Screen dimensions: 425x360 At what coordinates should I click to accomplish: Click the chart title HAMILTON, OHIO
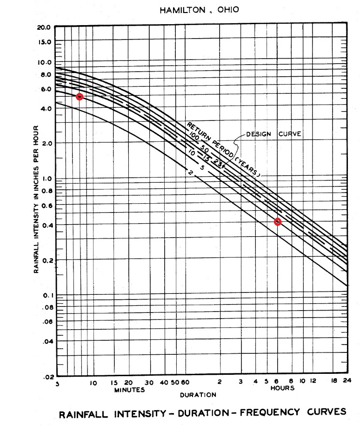200,10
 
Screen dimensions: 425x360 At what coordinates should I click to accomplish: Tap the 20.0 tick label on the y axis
44,27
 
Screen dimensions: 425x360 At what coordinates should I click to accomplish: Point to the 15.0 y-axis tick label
44,42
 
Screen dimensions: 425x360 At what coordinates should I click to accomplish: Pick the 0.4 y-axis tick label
47,226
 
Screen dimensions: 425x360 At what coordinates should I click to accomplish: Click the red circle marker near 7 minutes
80,97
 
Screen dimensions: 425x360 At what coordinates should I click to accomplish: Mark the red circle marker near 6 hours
278,222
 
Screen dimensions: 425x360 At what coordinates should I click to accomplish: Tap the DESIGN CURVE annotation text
273,134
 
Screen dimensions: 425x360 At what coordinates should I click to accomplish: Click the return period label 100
193,135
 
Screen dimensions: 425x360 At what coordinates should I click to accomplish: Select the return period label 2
191,173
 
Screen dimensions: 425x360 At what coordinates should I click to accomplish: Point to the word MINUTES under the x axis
130,391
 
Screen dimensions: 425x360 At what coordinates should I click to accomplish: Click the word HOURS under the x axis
282,388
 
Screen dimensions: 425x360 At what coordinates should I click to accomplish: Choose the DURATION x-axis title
198,395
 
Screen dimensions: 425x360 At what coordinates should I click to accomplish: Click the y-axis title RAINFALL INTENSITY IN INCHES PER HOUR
36,199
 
